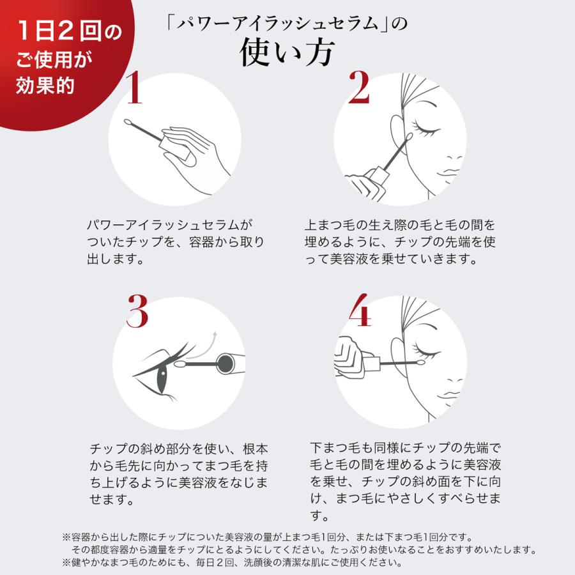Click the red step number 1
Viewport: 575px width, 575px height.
pos(133,89)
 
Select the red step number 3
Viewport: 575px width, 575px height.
pos(137,311)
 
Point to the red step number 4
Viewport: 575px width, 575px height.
pos(359,312)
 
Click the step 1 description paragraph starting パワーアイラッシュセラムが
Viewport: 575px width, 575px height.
pos(175,243)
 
